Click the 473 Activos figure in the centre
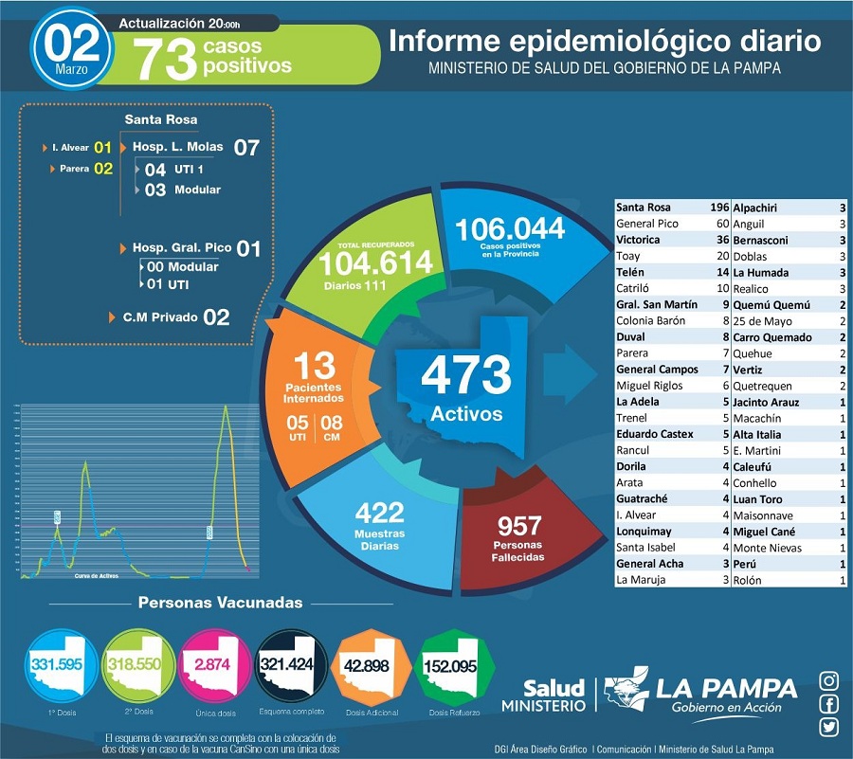click(465, 377)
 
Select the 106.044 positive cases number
click(510, 229)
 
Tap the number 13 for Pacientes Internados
click(317, 366)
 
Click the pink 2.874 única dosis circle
click(213, 665)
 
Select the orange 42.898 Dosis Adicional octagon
click(371, 666)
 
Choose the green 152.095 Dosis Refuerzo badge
click(449, 666)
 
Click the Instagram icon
click(828, 680)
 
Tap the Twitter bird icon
click(828, 728)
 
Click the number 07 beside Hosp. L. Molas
click(246, 148)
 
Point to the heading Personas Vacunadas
click(221, 603)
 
